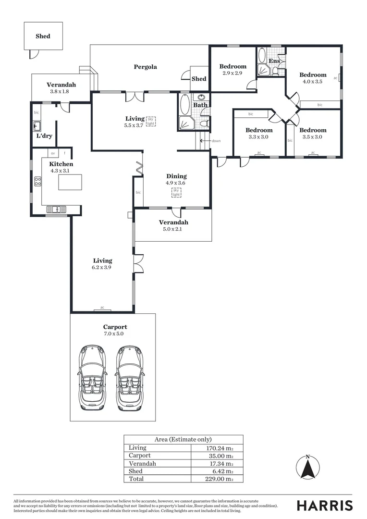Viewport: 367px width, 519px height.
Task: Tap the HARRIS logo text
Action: click(x=324, y=505)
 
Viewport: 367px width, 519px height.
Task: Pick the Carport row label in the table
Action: click(x=140, y=456)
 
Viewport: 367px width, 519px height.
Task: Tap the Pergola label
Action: click(x=145, y=67)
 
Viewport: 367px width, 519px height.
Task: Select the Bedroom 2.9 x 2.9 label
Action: click(x=233, y=70)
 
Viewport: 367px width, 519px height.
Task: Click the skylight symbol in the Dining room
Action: click(x=176, y=193)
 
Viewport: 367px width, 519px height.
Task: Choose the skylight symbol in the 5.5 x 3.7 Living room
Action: click(x=151, y=121)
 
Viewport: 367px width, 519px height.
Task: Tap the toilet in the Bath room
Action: click(x=204, y=124)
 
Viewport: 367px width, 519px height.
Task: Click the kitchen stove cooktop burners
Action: click(x=37, y=182)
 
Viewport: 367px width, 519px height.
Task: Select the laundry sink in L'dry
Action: click(x=37, y=127)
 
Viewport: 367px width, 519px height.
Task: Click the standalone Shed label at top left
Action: click(x=43, y=36)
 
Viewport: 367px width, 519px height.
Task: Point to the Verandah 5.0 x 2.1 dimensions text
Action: click(x=173, y=229)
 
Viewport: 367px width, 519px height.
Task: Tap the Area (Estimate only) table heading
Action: click(x=183, y=439)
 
